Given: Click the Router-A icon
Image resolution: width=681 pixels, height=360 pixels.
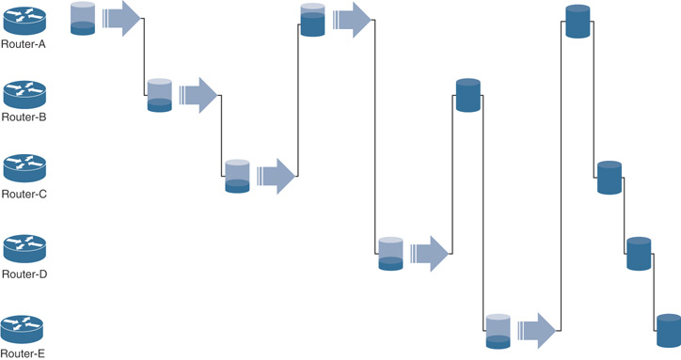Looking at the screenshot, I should pyautogui.click(x=24, y=20).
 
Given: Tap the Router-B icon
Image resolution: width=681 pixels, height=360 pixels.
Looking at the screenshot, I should pyautogui.click(x=24, y=94).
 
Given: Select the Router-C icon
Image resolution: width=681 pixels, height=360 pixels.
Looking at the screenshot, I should pyautogui.click(x=24, y=169).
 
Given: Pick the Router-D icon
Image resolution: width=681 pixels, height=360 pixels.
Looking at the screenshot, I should pyautogui.click(x=24, y=249).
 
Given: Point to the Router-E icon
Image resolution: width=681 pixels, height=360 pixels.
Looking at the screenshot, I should pyautogui.click(x=24, y=329).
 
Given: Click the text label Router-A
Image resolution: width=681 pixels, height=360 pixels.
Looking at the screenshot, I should pyautogui.click(x=24, y=43).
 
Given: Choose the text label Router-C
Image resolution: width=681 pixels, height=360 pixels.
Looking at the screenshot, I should pyautogui.click(x=24, y=194).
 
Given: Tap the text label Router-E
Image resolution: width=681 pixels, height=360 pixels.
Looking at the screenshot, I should pyautogui.click(x=24, y=353).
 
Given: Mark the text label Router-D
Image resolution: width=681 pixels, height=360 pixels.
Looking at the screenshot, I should pyautogui.click(x=24, y=274).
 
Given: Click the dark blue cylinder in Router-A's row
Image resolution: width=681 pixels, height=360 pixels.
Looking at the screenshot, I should pyautogui.click(x=578, y=22).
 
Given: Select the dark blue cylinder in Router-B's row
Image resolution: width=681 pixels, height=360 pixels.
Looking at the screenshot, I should pyautogui.click(x=468, y=96).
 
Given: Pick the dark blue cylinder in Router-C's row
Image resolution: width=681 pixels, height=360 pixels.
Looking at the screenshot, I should pyautogui.click(x=610, y=178).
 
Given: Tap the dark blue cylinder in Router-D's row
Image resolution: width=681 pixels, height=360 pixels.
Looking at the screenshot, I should pyautogui.click(x=639, y=254).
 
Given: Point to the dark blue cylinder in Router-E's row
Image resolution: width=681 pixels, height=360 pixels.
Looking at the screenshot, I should pyautogui.click(x=668, y=332).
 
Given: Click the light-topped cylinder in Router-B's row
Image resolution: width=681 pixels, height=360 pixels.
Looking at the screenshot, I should pyautogui.click(x=160, y=96).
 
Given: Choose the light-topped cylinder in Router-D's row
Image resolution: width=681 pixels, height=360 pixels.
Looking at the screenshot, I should pyautogui.click(x=390, y=254).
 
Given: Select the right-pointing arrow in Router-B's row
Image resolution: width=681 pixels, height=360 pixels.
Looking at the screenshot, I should pyautogui.click(x=199, y=94).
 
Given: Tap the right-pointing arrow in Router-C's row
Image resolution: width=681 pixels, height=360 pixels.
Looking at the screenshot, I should pyautogui.click(x=277, y=175).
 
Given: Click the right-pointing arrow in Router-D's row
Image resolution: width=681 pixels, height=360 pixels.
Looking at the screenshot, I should pyautogui.click(x=431, y=253).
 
